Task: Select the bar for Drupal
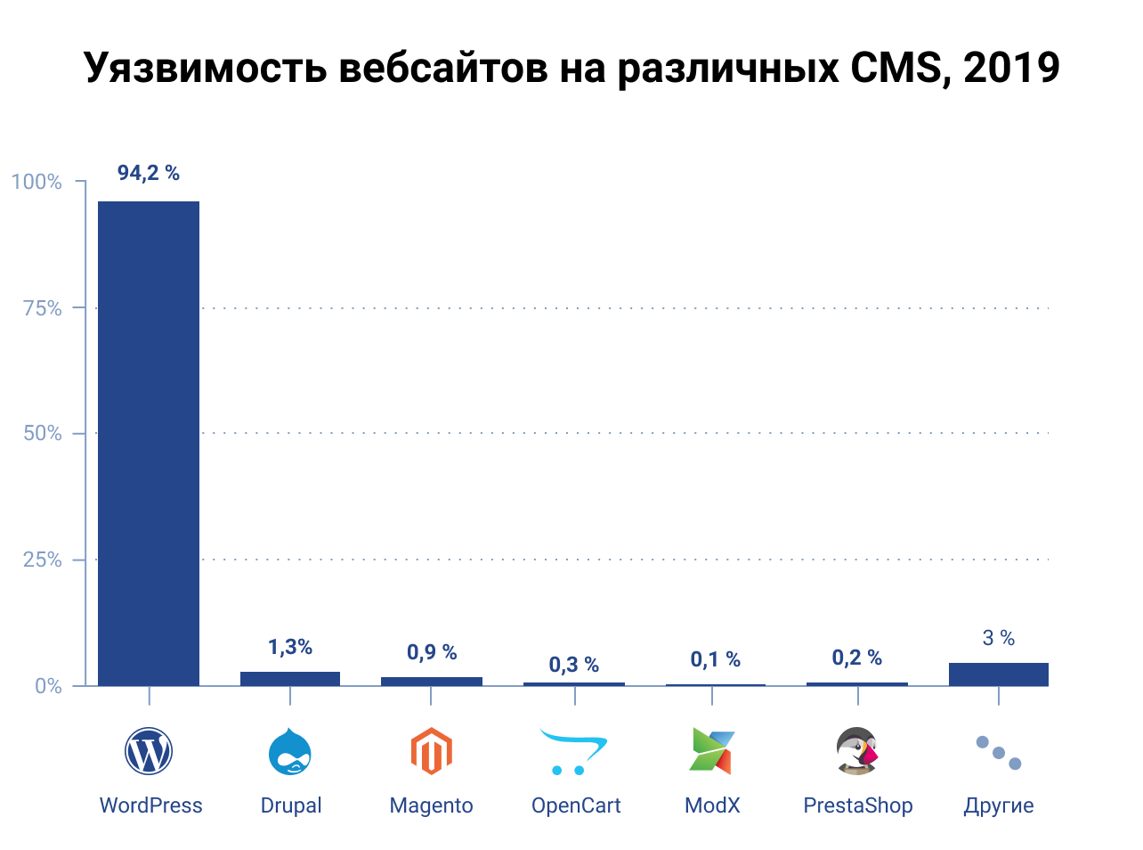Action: (290, 679)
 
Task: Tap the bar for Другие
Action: (998, 674)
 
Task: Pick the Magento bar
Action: (432, 682)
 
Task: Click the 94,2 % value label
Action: (149, 173)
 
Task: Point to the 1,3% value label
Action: (290, 647)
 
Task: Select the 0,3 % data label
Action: (573, 665)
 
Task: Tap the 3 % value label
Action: (998, 638)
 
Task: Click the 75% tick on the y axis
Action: (42, 308)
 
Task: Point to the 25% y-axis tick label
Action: (42, 560)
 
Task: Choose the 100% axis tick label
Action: (36, 182)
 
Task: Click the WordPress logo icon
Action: (149, 751)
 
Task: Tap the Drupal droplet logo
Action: (290, 751)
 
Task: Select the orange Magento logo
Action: (432, 751)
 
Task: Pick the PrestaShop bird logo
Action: (857, 751)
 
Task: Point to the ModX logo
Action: (712, 751)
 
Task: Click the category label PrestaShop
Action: (858, 805)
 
